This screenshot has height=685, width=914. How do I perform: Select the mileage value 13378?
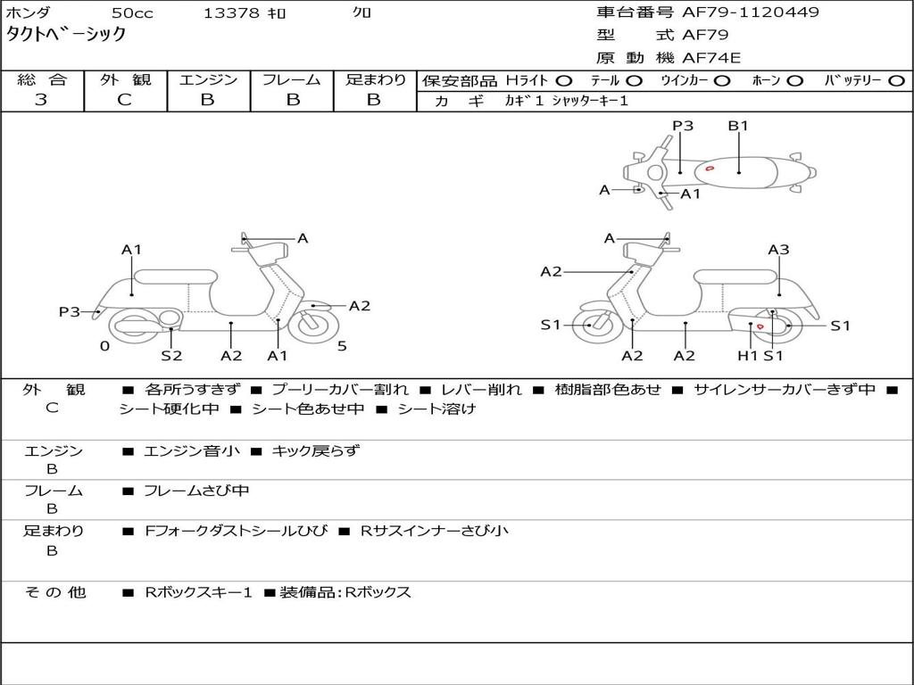[231, 12]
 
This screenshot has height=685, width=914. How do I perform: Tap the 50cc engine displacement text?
[131, 12]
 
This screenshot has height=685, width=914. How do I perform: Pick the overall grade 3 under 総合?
[41, 100]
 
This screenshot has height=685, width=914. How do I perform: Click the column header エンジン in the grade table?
[208, 79]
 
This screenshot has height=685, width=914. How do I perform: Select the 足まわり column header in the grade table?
[375, 79]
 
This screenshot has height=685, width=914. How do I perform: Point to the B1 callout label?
[738, 126]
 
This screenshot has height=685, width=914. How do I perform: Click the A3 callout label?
[778, 250]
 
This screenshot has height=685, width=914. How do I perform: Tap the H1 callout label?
[748, 356]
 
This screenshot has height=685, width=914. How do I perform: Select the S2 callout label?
[171, 356]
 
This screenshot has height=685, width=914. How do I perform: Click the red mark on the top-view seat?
[710, 168]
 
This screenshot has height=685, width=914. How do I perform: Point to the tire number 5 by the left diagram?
[342, 346]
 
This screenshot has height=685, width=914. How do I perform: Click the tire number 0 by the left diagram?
[104, 346]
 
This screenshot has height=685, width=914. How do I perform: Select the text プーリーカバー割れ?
[340, 390]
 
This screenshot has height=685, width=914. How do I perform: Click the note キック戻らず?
[315, 451]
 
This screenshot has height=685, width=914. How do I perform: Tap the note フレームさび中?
[196, 491]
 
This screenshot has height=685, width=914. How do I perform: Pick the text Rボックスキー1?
[199, 592]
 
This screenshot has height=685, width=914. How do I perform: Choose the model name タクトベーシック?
[67, 35]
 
